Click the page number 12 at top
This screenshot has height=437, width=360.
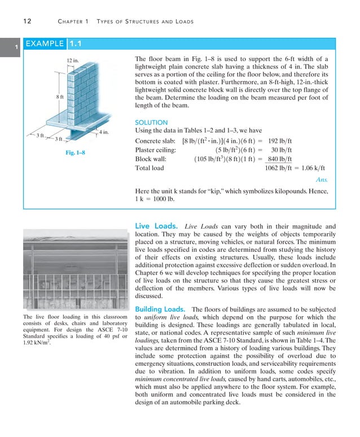click(27, 21)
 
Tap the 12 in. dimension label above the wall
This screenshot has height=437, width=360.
click(73, 60)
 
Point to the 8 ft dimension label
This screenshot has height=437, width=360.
click(59, 97)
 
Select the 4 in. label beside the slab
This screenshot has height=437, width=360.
click(103, 132)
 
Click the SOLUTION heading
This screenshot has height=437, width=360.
click(151, 123)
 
